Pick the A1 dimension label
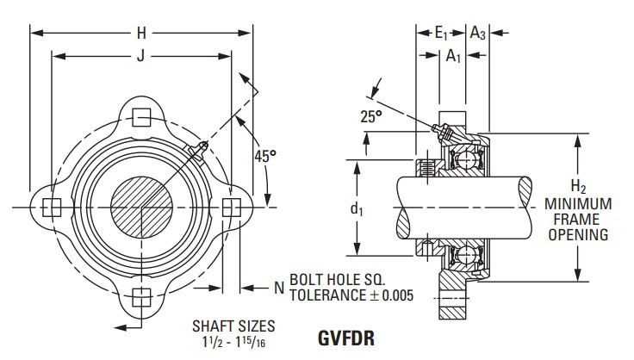tap(451, 57)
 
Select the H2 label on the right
tap(578, 187)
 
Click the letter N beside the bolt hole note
tap(278, 288)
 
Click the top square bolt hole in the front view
tap(144, 117)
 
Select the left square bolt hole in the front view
tap(53, 207)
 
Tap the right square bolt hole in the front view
tap(230, 207)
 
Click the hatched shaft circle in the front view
tap(143, 207)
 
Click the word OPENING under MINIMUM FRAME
tap(579, 234)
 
